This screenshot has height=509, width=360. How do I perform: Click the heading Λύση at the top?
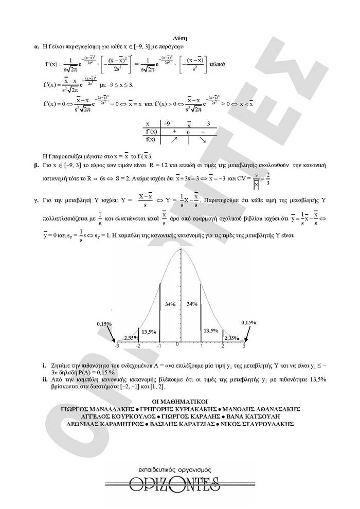(180, 38)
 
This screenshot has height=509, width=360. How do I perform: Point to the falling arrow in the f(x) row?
(202, 140)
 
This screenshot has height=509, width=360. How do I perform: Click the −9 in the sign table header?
(166, 124)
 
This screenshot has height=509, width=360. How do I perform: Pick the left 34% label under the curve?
(170, 304)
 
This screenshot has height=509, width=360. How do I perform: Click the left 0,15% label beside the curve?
(105, 324)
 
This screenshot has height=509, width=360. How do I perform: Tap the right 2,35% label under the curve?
(232, 338)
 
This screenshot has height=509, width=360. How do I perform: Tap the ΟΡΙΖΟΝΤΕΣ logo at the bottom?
(162, 483)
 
